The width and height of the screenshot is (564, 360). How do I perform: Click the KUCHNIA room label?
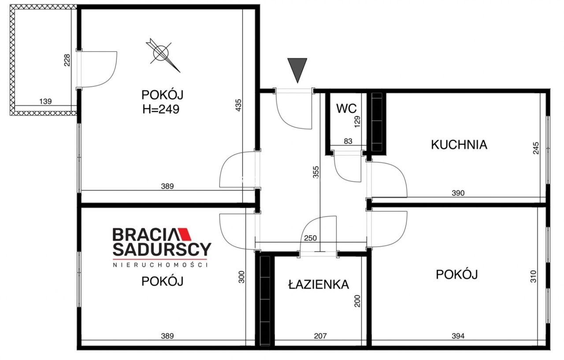[x=459, y=145]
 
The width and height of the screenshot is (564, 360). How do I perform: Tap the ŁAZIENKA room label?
[x=318, y=285]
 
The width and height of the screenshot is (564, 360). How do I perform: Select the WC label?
[x=346, y=108]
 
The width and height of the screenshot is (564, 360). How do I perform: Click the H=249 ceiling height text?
[x=161, y=109]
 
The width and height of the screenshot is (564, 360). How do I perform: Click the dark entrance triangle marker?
[x=297, y=69]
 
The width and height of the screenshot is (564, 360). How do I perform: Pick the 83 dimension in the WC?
[x=348, y=141]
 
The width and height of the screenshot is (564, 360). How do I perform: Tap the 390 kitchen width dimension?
[x=458, y=193]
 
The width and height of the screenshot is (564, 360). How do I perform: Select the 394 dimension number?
[x=458, y=336]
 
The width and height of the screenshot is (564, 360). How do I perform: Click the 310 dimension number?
[x=534, y=276]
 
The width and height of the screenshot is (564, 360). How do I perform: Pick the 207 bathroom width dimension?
[x=320, y=336]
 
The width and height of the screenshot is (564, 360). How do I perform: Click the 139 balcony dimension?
[x=45, y=101]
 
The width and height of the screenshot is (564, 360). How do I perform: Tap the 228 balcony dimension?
[x=67, y=60]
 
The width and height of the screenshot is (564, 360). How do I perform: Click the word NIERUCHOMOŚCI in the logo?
[x=160, y=264]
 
